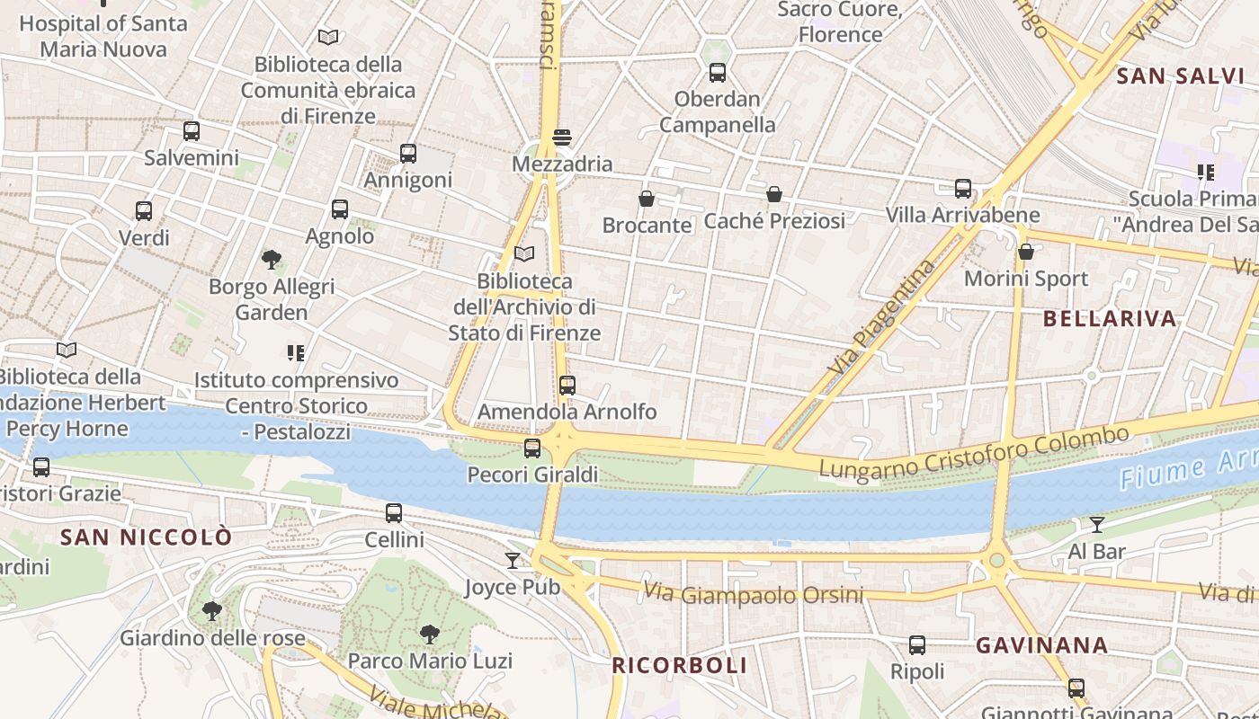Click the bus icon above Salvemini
pos(192,131)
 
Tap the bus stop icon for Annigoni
pos(408,154)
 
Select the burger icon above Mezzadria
pos(562,138)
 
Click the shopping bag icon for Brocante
pos(646,199)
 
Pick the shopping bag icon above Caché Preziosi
pos(774,194)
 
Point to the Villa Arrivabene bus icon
pos(963,189)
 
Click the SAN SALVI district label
pos(1180,76)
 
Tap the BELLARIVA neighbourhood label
pos(1110,318)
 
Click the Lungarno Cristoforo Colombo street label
pos(974,452)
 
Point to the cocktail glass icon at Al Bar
pos(1097,525)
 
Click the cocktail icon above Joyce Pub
pos(513,561)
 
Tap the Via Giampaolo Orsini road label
pos(754,594)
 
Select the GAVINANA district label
pos(1041,644)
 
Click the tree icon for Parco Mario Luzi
pos(430,635)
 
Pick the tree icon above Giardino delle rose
pos(212,612)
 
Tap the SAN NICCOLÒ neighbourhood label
pos(146,537)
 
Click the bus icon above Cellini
pos(394,513)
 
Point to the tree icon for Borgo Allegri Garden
pos(272,261)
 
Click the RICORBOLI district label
pos(679,665)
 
